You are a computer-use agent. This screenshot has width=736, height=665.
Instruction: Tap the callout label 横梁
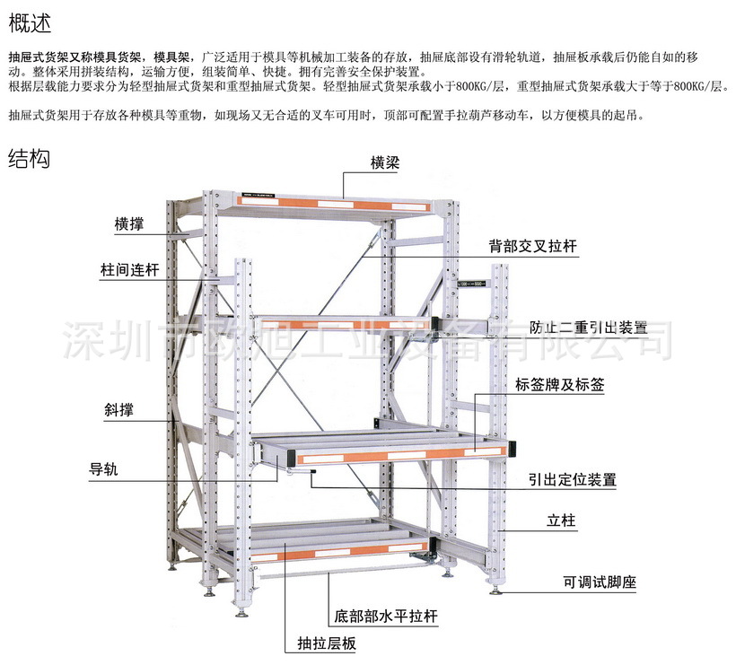click(x=385, y=163)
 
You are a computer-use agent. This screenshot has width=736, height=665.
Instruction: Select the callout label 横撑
click(x=129, y=223)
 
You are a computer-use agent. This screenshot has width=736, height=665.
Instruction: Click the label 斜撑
click(x=121, y=412)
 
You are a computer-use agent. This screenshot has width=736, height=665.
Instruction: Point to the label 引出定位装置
click(x=572, y=480)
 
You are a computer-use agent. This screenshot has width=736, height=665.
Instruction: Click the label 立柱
click(x=561, y=521)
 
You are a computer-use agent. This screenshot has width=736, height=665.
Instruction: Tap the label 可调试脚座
click(x=600, y=582)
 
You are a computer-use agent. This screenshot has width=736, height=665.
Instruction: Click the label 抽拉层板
click(x=327, y=644)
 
